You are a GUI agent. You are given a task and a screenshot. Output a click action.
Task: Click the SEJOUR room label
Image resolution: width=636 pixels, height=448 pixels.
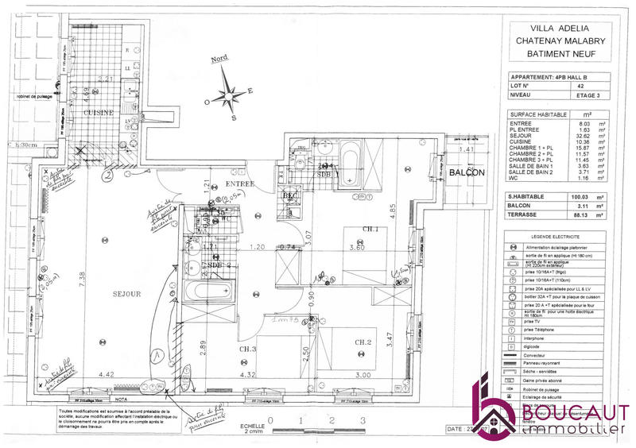pyautogui.click(x=126, y=293)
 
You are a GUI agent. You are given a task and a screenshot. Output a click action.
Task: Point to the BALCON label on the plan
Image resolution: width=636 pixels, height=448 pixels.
pyautogui.click(x=467, y=172)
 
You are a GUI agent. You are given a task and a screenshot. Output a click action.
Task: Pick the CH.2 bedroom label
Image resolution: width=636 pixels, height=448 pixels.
pyautogui.click(x=363, y=342)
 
